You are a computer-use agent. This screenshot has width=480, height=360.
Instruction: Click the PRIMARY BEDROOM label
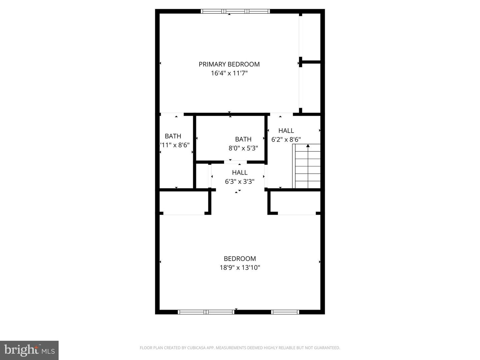(x=229, y=64)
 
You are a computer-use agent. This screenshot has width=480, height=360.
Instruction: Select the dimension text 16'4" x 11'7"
(x=229, y=73)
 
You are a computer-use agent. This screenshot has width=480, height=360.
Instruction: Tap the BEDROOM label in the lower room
(x=240, y=259)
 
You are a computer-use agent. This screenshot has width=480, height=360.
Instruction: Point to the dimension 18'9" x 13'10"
(x=240, y=268)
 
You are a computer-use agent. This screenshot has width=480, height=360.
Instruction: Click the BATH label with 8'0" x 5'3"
(x=243, y=139)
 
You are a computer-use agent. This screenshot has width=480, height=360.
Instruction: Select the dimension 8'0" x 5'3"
(x=243, y=148)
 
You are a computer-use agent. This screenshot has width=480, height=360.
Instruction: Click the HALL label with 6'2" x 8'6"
(x=286, y=131)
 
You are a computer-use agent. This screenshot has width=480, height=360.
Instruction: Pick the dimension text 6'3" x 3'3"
(x=240, y=182)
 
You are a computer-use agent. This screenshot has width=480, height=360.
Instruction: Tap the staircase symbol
(x=307, y=167)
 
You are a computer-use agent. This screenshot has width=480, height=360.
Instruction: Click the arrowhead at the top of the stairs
(x=308, y=146)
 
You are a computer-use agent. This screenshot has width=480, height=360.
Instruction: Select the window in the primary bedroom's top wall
(x=235, y=11)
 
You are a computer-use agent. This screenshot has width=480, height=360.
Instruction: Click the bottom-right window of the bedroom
(x=285, y=312)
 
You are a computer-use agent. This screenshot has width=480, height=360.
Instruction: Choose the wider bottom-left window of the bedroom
(x=206, y=312)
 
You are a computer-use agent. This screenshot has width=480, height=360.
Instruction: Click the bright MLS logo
(x=29, y=350)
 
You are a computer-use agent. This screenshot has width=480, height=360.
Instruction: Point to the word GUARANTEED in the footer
(x=327, y=348)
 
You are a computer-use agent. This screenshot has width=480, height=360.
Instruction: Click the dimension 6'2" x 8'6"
(x=286, y=140)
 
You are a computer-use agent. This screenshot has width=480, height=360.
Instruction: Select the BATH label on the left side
(x=173, y=136)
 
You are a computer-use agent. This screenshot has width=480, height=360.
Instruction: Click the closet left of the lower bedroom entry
(x=184, y=203)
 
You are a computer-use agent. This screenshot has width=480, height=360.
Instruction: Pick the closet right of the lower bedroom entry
(x=295, y=203)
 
